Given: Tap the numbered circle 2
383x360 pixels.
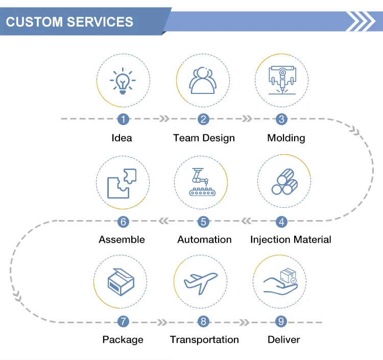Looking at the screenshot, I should tap(203, 119).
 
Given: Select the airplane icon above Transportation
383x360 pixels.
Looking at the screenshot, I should tap(201, 281).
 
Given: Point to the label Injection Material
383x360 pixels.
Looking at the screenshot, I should tap(291, 239).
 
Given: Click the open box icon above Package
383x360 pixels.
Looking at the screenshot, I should tap(121, 281).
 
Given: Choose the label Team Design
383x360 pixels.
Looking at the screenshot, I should tap(204, 138).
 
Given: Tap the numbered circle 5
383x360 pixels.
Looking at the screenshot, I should tap(203, 222).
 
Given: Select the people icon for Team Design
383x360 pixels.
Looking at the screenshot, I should tap(203, 80).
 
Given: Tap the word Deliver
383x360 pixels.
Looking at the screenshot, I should tap(283, 340).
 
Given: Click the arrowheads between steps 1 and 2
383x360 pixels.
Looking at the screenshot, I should tap(164, 119).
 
